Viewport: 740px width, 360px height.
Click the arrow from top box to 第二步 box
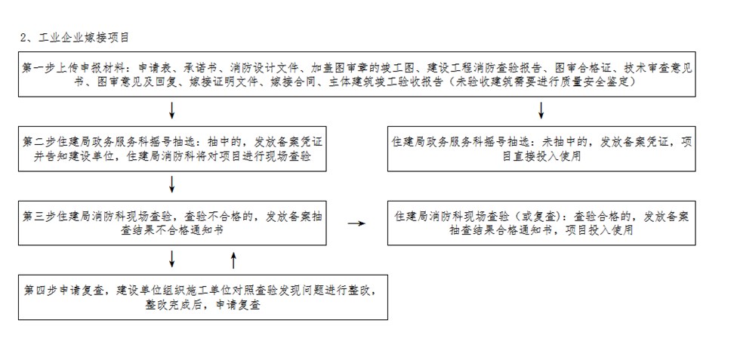tap(172, 110)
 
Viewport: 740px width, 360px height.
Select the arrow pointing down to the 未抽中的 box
tap(541, 110)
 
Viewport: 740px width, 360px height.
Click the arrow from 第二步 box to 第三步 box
tap(172, 184)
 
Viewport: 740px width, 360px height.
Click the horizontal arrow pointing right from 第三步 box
tap(356, 223)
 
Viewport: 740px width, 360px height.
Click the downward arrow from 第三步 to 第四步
tap(172, 259)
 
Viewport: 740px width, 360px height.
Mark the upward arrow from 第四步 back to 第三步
tap(233, 260)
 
